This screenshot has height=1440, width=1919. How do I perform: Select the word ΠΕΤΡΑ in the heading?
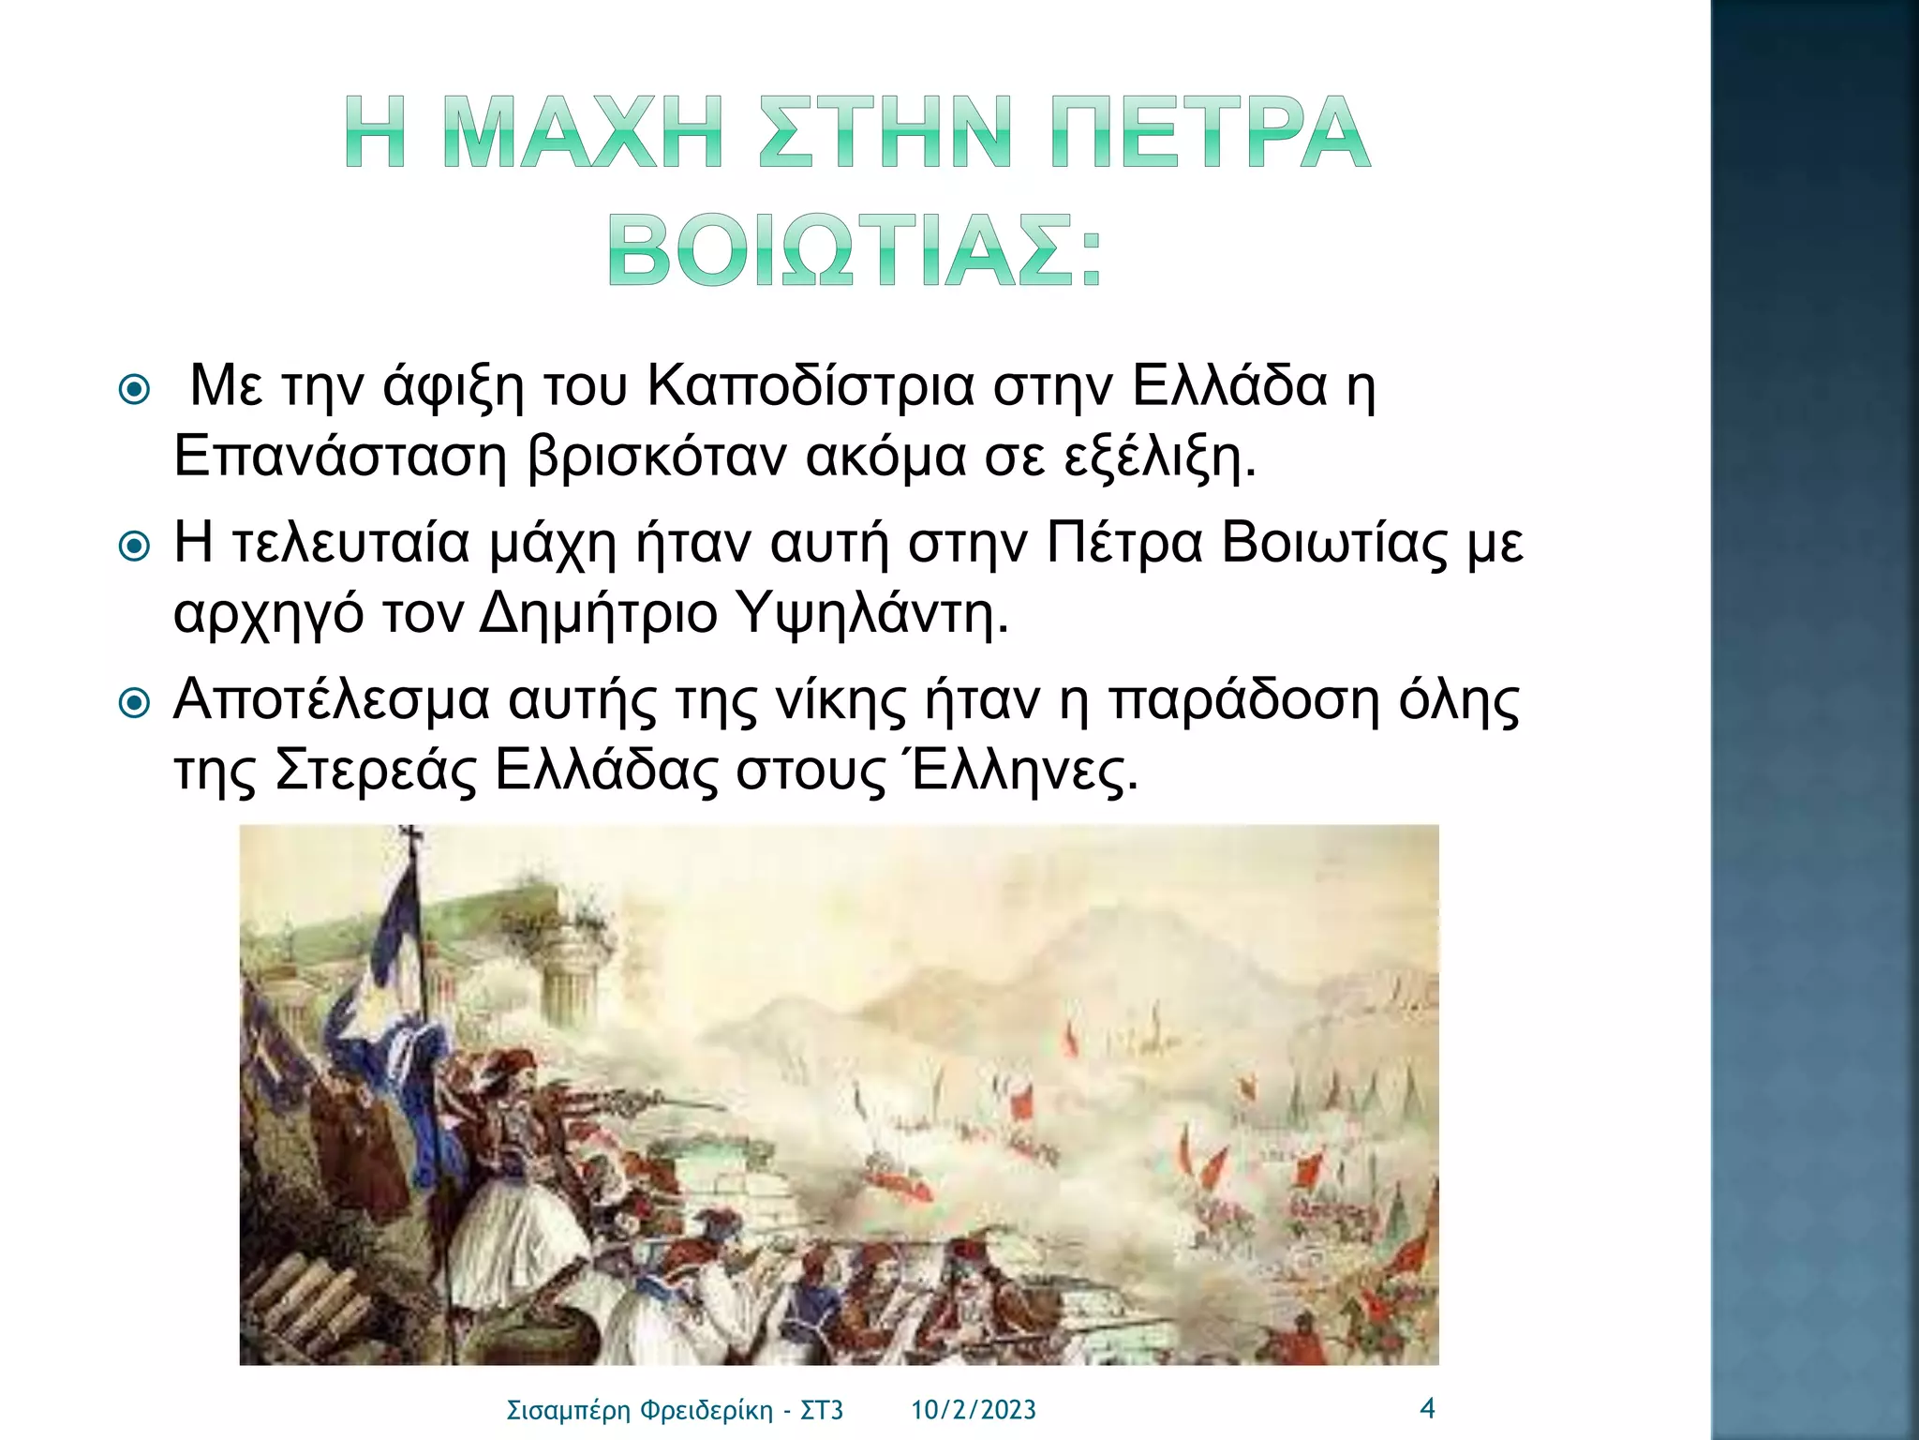tap(1210, 132)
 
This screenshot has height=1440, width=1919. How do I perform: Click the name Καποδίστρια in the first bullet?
tap(811, 386)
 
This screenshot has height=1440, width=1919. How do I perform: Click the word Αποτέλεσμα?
tap(332, 700)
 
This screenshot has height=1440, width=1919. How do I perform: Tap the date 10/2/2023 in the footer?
tap(974, 1410)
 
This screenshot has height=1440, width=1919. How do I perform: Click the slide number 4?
tap(1427, 1408)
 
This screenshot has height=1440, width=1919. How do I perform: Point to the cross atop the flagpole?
tap(409, 834)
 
